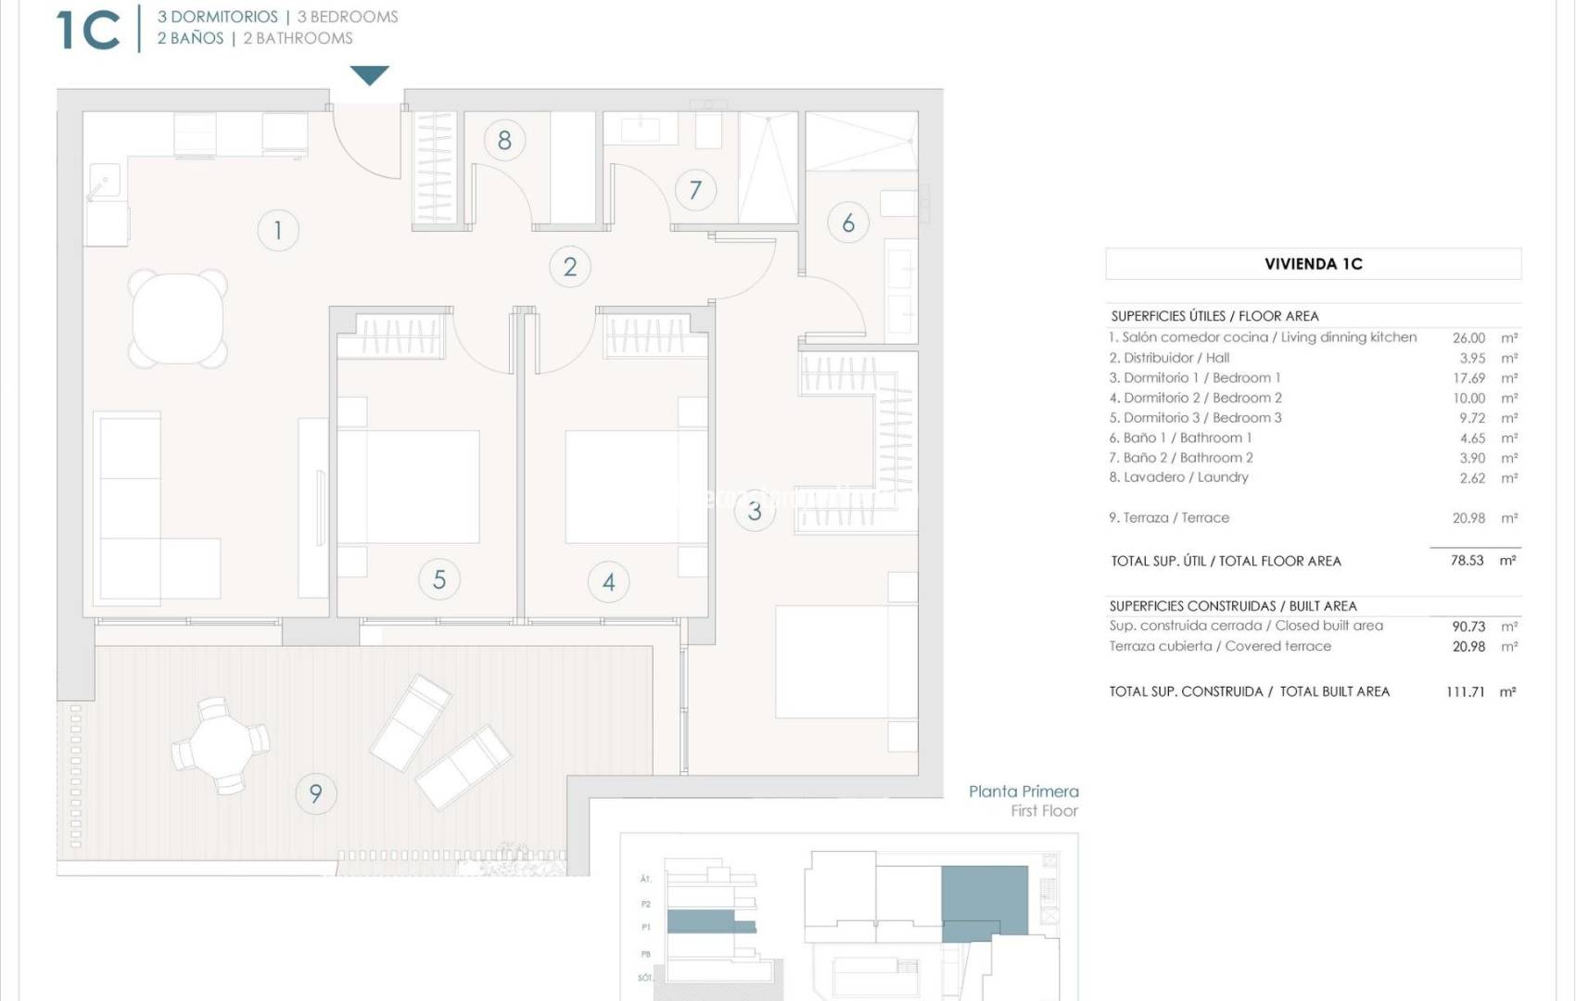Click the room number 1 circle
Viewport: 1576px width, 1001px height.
pyautogui.click(x=277, y=230)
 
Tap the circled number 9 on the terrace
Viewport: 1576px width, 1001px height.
pyautogui.click(x=315, y=793)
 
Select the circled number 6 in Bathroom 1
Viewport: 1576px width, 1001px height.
pyautogui.click(x=848, y=222)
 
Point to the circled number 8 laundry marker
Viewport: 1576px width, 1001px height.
pyautogui.click(x=504, y=140)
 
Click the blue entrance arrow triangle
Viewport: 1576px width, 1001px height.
pyautogui.click(x=369, y=75)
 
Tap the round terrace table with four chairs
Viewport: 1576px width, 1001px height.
pyautogui.click(x=221, y=745)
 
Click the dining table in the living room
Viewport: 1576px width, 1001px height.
pyautogui.click(x=178, y=318)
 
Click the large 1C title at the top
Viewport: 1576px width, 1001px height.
pyautogui.click(x=88, y=30)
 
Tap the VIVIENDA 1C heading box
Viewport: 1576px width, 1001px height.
pyautogui.click(x=1313, y=264)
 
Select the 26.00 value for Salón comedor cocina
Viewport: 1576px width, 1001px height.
pyautogui.click(x=1468, y=338)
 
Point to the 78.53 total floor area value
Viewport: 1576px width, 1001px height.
pyautogui.click(x=1467, y=561)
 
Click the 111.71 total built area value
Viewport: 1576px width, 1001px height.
pyautogui.click(x=1465, y=691)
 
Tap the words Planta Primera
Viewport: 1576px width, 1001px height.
pyautogui.click(x=1023, y=792)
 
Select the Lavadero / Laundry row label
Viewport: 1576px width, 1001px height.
pyautogui.click(x=1179, y=477)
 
